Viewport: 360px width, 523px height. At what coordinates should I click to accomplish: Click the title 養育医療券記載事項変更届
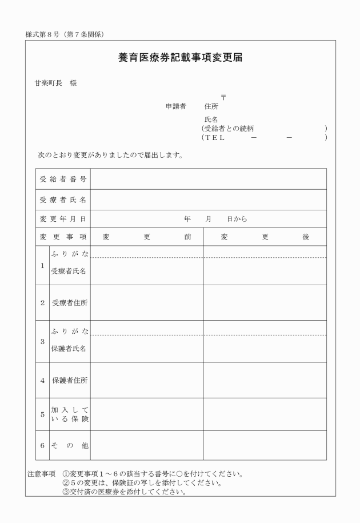(x=181, y=58)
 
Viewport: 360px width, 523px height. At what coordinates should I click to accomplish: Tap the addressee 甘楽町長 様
(x=55, y=83)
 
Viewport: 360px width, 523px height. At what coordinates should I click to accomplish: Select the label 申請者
(x=176, y=106)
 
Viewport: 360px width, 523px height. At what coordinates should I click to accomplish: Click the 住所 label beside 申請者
(x=211, y=106)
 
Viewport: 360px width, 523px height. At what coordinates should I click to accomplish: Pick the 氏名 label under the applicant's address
(x=211, y=120)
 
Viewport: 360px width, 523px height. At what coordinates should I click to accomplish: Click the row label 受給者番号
(x=63, y=179)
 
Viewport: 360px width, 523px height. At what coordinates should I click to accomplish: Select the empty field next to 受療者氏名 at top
(x=208, y=199)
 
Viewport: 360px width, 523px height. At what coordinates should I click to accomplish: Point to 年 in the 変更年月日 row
(x=187, y=219)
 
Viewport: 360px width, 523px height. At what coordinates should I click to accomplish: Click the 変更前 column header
(x=146, y=237)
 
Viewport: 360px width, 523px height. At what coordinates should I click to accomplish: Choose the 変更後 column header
(x=265, y=237)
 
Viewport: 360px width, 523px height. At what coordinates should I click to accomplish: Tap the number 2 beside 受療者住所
(x=42, y=303)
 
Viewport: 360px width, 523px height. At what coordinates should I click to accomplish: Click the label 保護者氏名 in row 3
(x=69, y=349)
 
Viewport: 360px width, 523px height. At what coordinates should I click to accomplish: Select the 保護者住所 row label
(x=69, y=380)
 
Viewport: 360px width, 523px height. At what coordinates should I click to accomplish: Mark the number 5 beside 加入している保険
(x=42, y=414)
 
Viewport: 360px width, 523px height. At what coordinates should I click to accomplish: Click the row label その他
(x=69, y=445)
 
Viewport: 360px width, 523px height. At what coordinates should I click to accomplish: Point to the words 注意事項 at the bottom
(x=41, y=474)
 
